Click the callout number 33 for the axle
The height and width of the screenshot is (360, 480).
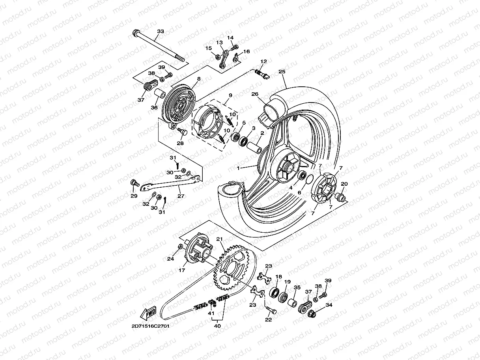160,31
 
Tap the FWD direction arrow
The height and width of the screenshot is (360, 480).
149,314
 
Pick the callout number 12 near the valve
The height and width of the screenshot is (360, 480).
263,62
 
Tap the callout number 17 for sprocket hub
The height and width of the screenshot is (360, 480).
182,270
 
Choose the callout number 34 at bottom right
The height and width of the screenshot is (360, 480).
329,305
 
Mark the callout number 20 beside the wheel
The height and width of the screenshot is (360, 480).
344,184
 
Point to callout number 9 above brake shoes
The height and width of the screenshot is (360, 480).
230,95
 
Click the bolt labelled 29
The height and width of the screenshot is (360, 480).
134,183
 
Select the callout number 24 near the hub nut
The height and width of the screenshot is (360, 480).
170,259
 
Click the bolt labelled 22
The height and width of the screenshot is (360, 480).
271,310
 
